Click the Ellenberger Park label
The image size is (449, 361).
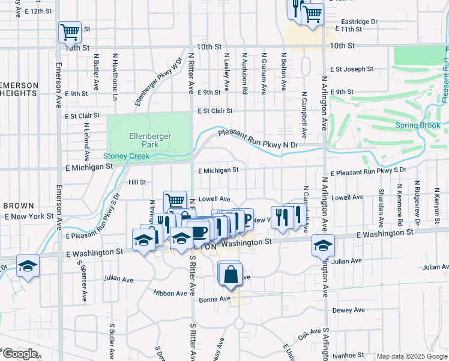click(x=151, y=140)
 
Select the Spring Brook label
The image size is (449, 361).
click(x=418, y=125)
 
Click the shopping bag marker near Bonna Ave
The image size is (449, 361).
click(x=231, y=274)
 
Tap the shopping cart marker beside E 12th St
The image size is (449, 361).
click(x=70, y=32)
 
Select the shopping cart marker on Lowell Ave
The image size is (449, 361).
click(x=175, y=200)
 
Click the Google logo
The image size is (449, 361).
click(x=20, y=354)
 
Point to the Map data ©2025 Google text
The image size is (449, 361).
click(x=412, y=356)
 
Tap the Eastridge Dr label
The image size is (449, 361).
click(x=357, y=21)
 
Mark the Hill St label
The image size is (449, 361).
click(x=137, y=182)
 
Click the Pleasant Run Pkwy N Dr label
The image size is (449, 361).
click(x=258, y=140)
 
